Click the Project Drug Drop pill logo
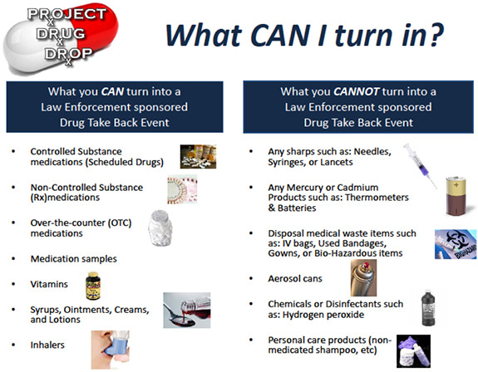pyautogui.click(x=60, y=38)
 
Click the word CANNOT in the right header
pyautogui.click(x=356, y=91)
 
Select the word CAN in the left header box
pyautogui.click(x=112, y=91)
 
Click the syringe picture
pyautogui.click(x=420, y=165)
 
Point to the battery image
pyautogui.click(x=456, y=196)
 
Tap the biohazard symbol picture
pyautogui.click(x=456, y=244)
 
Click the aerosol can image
pyautogui.click(x=363, y=277)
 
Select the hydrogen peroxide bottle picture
pyautogui.click(x=428, y=307)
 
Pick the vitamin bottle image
pyautogui.click(x=93, y=286)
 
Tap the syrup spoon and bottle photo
pyautogui.click(x=186, y=311)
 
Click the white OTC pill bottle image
pyautogui.click(x=160, y=228)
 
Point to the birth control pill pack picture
pyautogui.click(x=182, y=189)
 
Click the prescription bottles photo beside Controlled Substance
pyautogui.click(x=198, y=156)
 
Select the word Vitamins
pyautogui.click(x=49, y=284)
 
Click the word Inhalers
pyautogui.click(x=47, y=345)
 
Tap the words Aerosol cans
pyautogui.click(x=295, y=278)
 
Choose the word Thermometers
pyautogui.click(x=377, y=198)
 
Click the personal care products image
pyautogui.click(x=414, y=351)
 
